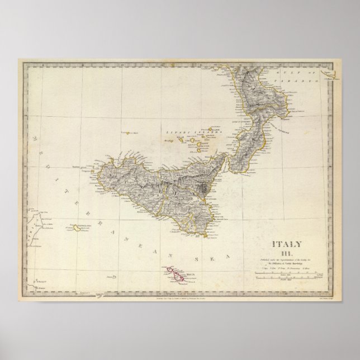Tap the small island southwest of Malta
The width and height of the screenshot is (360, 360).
click(114, 276)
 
